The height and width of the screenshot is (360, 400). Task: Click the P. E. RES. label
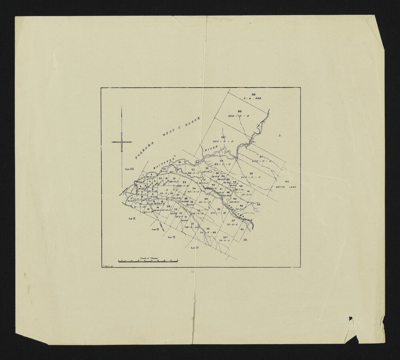(252, 98)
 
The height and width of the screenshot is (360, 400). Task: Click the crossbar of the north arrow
(122, 142)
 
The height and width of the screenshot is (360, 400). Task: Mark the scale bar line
(148, 261)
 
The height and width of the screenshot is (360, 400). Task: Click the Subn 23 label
(129, 170)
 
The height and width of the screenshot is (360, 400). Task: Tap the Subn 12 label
(132, 219)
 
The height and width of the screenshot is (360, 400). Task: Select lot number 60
(254, 94)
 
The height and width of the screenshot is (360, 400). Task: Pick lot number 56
(251, 173)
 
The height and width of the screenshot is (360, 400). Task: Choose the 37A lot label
(226, 237)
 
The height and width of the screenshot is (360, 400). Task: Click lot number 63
(242, 230)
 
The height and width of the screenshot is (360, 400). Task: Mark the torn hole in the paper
(351, 318)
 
